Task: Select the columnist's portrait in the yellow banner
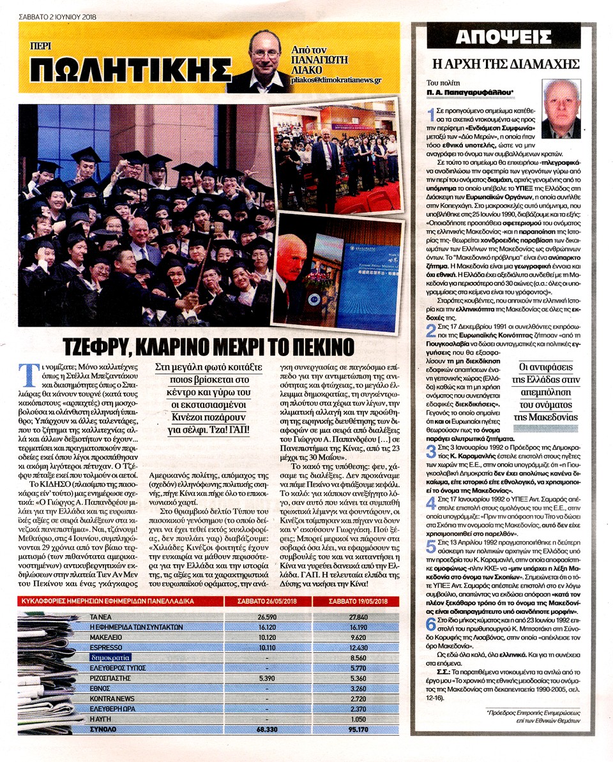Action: coord(268,61)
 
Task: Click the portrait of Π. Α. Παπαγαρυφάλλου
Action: coord(561,109)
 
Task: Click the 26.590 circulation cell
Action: coord(270,618)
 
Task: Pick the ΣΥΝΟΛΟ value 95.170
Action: coord(361,728)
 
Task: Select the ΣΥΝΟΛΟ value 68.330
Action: coord(269,728)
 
